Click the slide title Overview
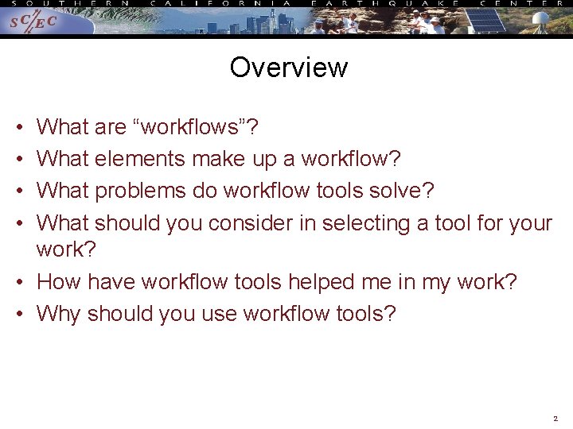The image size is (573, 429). (288, 68)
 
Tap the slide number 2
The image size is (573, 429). (555, 418)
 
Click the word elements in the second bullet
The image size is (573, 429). (139, 159)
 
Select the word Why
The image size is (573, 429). (58, 314)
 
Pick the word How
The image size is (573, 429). (59, 282)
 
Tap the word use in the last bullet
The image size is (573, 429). (217, 314)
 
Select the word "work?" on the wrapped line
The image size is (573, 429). (66, 249)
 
